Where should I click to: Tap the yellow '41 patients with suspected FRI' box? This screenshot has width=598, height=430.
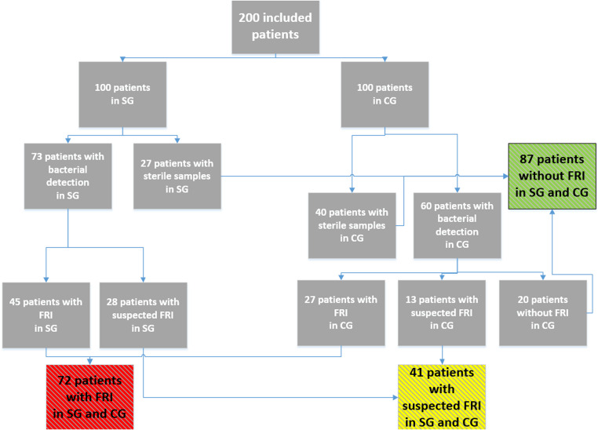click(442, 396)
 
